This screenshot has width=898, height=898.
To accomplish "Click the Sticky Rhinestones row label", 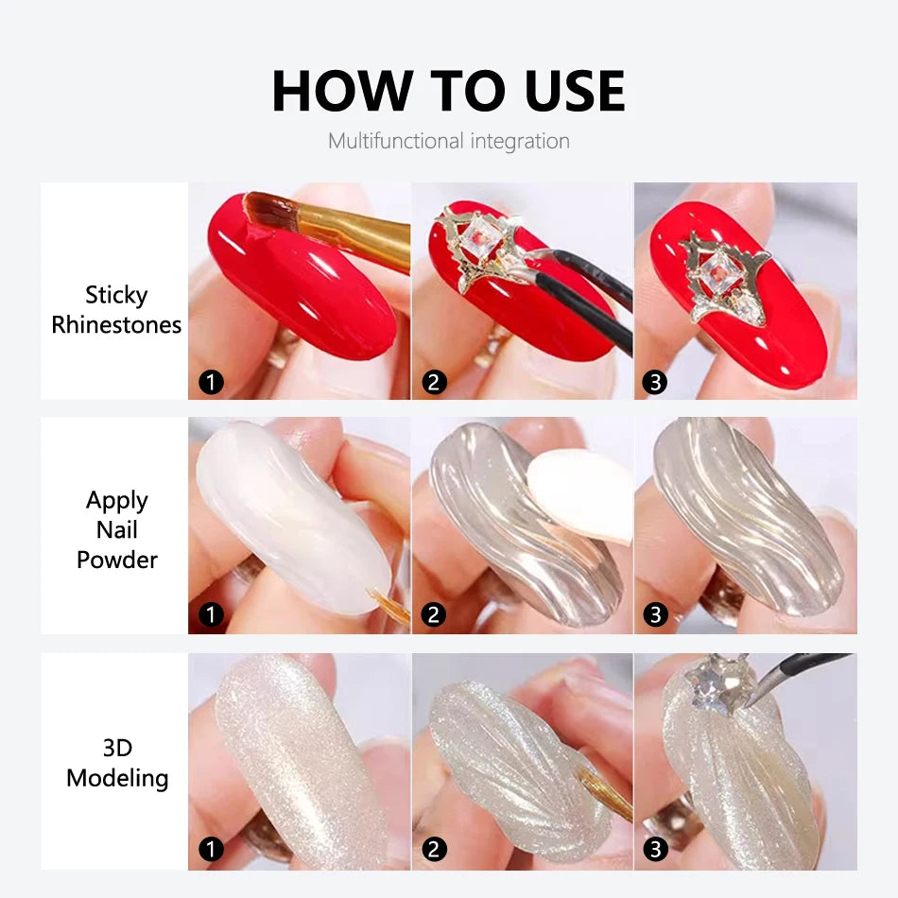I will (116, 310).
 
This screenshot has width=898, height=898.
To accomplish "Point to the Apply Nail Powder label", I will (116, 529).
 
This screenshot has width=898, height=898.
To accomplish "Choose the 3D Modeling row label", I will (116, 764).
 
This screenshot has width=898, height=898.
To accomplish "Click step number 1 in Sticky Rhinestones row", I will (211, 382).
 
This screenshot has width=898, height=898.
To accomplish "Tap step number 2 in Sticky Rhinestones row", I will (434, 382).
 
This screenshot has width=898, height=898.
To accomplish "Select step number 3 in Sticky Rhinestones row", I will (656, 382).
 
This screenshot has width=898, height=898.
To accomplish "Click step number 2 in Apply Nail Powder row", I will (434, 615).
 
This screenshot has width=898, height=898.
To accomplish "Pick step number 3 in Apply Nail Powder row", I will (656, 615).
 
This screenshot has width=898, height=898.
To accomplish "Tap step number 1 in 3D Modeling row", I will (211, 850).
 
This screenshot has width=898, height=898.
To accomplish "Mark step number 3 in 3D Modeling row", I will (656, 850).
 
